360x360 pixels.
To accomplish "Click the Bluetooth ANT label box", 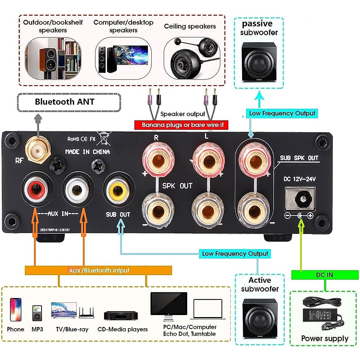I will [69, 102].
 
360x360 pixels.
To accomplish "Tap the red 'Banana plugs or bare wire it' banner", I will [181, 125].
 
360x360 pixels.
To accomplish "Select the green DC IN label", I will [325, 275].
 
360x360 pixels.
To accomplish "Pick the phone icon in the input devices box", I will [16, 310].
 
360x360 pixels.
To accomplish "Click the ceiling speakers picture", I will [192, 58].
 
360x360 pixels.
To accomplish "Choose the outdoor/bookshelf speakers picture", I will [53, 58].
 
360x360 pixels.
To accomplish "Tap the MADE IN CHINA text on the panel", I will [88, 152].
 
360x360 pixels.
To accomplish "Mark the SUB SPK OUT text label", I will [299, 158].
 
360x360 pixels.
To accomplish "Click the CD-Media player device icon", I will [121, 316].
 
